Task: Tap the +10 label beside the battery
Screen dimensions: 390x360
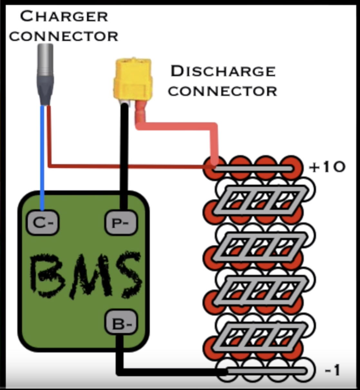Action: pyautogui.click(x=327, y=167)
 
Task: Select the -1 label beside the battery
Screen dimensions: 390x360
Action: pyautogui.click(x=332, y=371)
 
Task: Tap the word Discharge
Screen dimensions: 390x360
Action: pyautogui.click(x=223, y=71)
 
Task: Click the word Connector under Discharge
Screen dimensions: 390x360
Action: pyautogui.click(x=222, y=91)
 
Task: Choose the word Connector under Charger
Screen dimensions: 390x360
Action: pyautogui.click(x=64, y=36)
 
